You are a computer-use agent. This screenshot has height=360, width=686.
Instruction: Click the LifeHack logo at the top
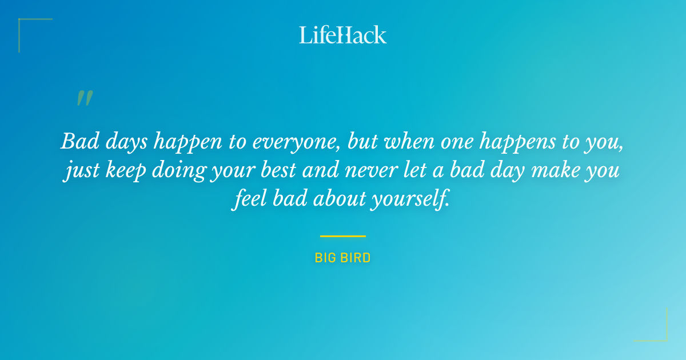click(x=343, y=35)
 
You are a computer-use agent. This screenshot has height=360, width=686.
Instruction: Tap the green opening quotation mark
click(x=84, y=98)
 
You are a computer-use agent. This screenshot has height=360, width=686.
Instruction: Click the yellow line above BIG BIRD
click(x=343, y=235)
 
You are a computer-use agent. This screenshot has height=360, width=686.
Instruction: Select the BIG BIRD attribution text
click(x=343, y=258)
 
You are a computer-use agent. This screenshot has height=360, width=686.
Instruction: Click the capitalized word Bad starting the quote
click(x=77, y=142)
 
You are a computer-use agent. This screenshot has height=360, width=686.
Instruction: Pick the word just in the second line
click(x=82, y=171)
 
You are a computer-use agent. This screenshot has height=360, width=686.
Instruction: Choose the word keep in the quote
click(x=127, y=171)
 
